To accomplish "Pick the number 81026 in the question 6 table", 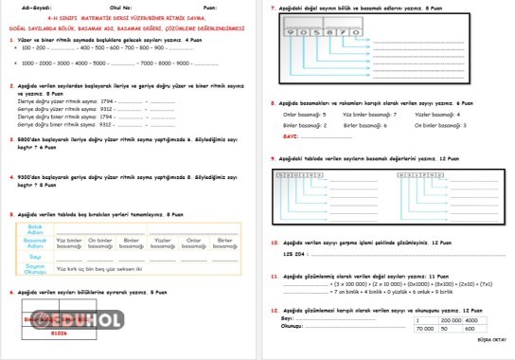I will click(59, 333).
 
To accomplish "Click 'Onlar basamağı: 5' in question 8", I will click(305, 114).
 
